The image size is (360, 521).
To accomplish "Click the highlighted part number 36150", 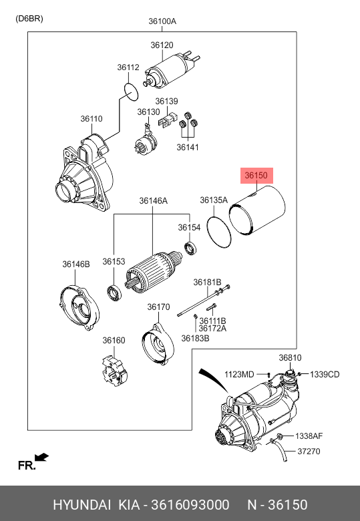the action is pyautogui.click(x=256, y=175).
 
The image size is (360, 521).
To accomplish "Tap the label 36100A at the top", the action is pyautogui.click(x=162, y=21).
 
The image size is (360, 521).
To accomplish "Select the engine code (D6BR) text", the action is pyautogui.click(x=29, y=19).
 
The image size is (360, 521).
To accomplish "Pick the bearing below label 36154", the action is pyautogui.click(x=190, y=248).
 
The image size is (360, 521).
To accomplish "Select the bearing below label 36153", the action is pyautogui.click(x=114, y=293).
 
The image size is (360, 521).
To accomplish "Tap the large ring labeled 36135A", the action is pyautogui.click(x=218, y=232).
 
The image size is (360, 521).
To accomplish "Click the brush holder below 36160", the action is pyautogui.click(x=114, y=371).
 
